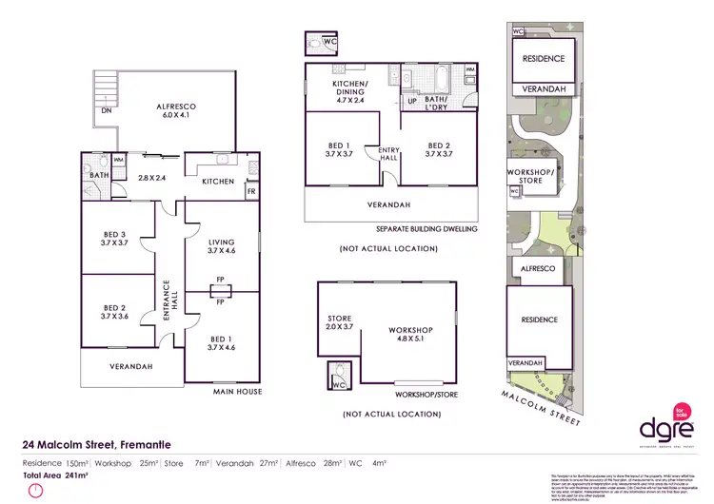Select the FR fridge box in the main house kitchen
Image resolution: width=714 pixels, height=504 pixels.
(x=251, y=189)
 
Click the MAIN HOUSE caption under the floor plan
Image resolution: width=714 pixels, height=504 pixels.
(x=238, y=391)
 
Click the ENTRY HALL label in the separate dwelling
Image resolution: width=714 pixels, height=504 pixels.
(x=389, y=154)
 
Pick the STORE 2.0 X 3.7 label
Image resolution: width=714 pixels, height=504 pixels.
(x=340, y=322)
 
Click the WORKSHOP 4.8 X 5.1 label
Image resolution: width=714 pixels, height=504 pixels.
(x=410, y=335)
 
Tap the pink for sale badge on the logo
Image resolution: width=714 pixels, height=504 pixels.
(x=680, y=412)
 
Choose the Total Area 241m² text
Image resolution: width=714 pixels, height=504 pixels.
(x=55, y=475)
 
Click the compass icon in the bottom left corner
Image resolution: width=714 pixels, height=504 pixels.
(x=35, y=491)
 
